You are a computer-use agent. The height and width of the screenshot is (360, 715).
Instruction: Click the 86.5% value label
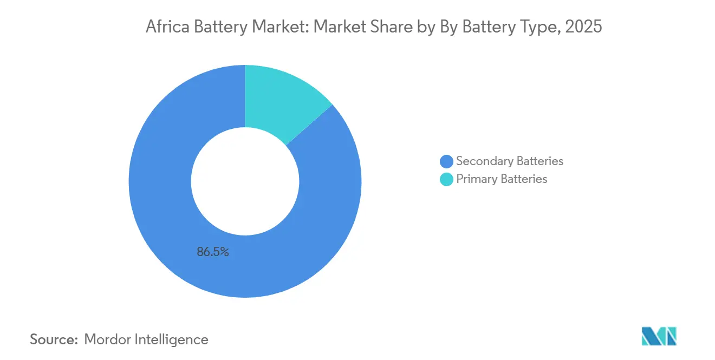click(213, 252)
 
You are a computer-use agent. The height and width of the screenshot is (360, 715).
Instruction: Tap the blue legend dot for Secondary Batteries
click(447, 161)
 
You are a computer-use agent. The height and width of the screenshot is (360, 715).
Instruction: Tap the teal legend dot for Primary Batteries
click(447, 179)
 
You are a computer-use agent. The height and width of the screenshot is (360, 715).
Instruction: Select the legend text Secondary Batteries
click(510, 161)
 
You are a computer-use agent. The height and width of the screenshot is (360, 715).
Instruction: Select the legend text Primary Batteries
click(502, 179)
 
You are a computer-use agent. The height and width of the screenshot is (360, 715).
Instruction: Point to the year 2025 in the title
click(583, 27)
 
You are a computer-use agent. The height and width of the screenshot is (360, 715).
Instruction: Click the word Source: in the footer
click(54, 339)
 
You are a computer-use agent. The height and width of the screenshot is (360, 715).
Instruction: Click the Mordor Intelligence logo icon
click(659, 336)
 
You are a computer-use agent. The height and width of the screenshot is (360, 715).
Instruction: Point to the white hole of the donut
click(245, 181)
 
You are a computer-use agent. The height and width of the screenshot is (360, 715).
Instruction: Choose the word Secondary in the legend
click(483, 161)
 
